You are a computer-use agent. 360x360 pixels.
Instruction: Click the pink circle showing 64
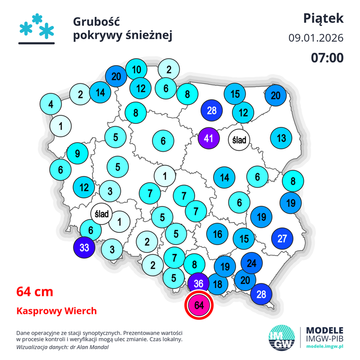[199, 305]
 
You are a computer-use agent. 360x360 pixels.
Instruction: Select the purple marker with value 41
[209, 138]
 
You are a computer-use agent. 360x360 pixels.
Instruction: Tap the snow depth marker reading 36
[198, 283]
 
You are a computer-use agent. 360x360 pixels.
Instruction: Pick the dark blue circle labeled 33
[84, 247]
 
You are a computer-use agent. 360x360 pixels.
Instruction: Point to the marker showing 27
[282, 238]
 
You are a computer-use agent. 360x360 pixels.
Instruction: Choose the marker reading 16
[218, 234]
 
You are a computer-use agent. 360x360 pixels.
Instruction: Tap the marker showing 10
[136, 70]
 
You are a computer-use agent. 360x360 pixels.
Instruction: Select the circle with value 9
[77, 154]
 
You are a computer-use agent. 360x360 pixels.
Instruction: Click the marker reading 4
[51, 104]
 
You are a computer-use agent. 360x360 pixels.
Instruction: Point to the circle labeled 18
[218, 284]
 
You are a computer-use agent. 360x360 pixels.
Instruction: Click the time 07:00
[327, 58]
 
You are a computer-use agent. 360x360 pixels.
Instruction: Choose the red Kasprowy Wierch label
[57, 311]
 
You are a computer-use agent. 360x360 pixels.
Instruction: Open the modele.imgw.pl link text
[324, 347]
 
